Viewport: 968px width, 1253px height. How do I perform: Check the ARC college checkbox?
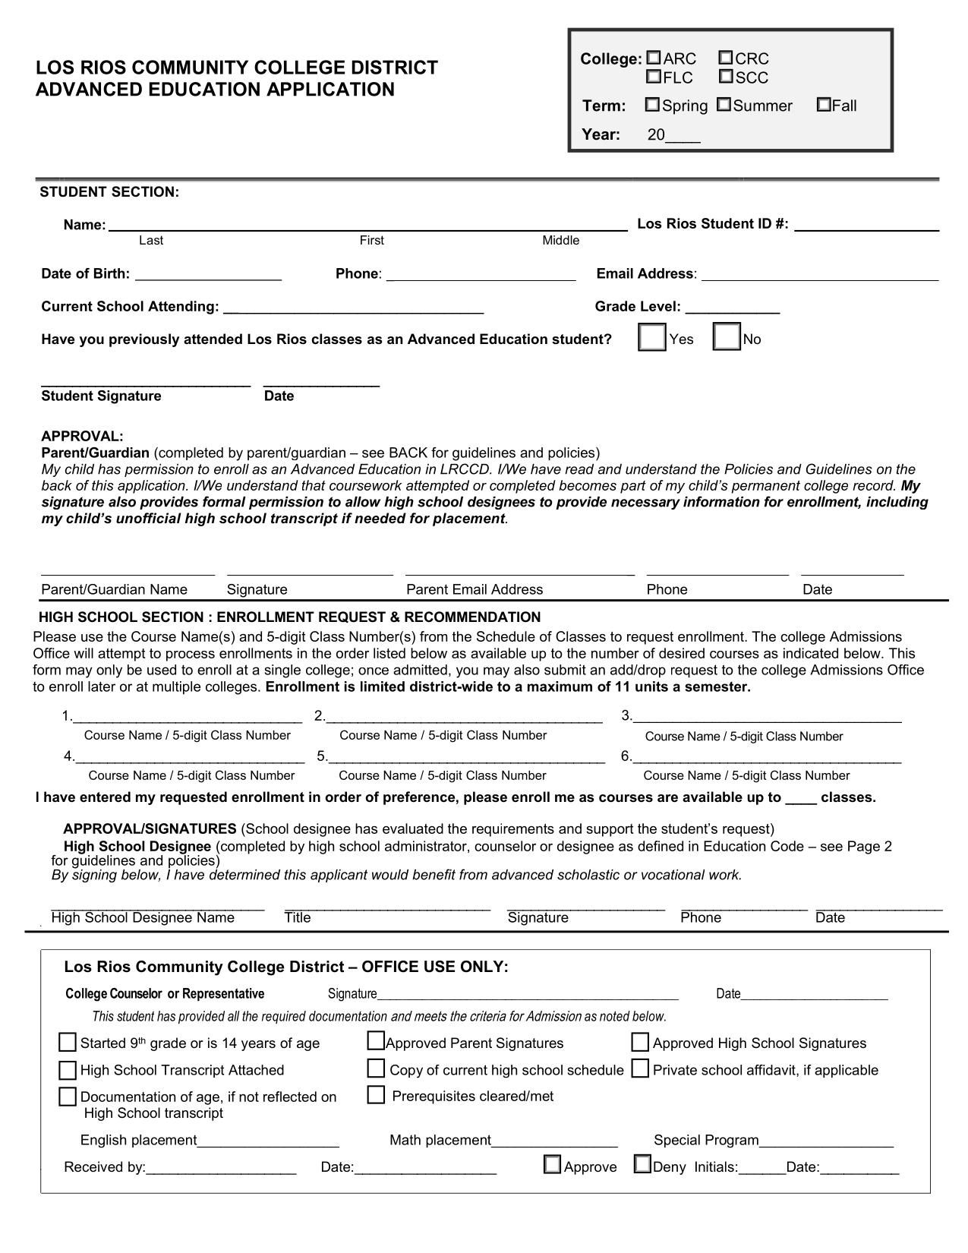tap(653, 58)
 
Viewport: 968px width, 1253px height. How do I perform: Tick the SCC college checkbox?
tap(726, 77)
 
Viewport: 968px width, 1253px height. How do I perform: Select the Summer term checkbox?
tap(724, 105)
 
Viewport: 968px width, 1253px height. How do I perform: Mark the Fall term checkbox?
tap(824, 105)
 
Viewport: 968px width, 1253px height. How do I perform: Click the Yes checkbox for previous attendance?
tap(652, 338)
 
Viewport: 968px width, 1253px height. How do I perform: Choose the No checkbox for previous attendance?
tap(727, 338)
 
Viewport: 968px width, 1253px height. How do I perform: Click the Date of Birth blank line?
tap(208, 275)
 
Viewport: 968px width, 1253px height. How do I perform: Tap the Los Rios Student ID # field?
tap(866, 225)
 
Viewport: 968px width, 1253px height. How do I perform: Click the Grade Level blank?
tap(732, 308)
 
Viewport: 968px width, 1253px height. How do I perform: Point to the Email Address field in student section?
tap(820, 275)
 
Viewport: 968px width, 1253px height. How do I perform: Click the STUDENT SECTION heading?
tap(109, 192)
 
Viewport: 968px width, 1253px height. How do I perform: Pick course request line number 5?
tap(466, 756)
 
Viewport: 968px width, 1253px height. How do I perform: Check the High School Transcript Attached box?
tap(68, 1070)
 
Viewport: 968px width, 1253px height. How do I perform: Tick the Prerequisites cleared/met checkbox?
tap(376, 1095)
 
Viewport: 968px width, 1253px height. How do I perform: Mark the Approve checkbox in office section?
tap(552, 1165)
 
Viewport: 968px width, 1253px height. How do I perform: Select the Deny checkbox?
tap(642, 1165)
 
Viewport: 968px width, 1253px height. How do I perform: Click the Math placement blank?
tap(554, 1141)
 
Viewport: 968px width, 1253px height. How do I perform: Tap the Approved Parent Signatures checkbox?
tap(376, 1041)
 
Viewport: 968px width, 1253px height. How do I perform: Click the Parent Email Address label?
tap(475, 589)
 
